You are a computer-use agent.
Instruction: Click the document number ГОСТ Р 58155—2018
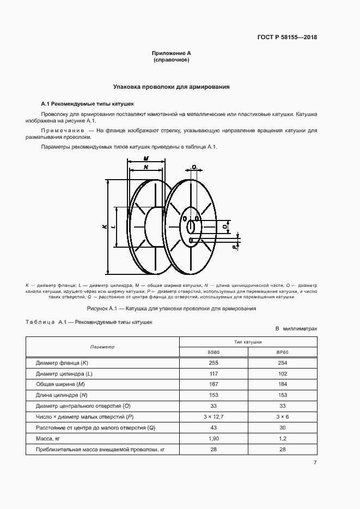click(286, 38)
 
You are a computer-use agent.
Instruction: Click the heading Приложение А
click(171, 53)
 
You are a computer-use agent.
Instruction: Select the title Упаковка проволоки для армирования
click(171, 87)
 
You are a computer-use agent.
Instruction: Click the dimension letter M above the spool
click(146, 158)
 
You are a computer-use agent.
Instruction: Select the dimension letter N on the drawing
click(145, 167)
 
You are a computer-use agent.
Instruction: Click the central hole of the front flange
click(191, 225)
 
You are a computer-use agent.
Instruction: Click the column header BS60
click(213, 352)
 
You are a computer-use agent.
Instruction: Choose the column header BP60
click(282, 352)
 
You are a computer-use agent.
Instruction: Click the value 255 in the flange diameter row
click(213, 363)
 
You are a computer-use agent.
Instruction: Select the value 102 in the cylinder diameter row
click(282, 373)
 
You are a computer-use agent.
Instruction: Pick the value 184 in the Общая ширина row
click(282, 384)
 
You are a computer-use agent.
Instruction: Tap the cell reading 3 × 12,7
click(213, 417)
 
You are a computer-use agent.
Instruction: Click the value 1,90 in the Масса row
click(213, 438)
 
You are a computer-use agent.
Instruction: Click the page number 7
click(315, 463)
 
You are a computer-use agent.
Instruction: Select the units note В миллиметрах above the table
click(296, 329)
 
